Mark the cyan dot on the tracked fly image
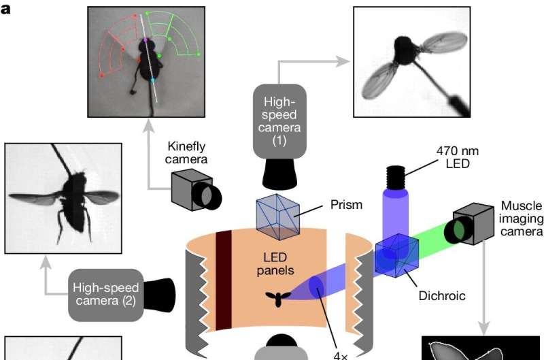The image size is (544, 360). point(152,80)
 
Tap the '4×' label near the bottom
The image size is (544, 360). point(341,354)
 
